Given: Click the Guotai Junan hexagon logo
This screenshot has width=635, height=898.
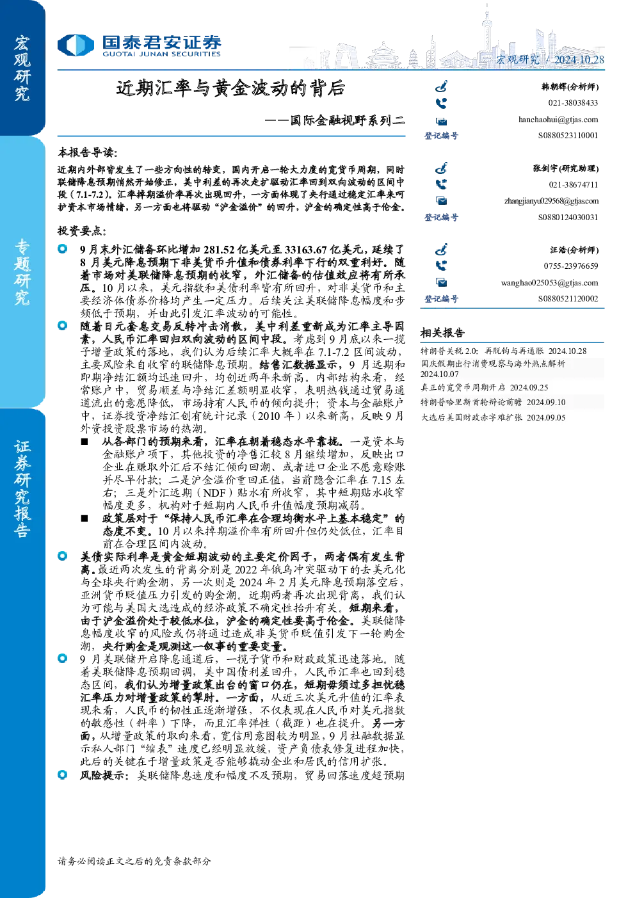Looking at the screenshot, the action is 76,45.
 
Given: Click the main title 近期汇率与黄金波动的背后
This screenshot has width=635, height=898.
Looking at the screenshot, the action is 230,88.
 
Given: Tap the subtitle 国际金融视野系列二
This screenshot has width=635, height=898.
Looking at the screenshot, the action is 347,120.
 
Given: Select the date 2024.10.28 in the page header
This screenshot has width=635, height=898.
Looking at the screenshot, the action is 579,60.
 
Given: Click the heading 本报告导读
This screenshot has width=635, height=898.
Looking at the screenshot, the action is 88,152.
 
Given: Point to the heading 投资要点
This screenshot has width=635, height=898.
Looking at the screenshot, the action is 82,230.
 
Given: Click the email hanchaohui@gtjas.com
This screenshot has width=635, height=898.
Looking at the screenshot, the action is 558,120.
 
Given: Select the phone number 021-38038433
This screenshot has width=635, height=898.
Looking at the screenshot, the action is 574,103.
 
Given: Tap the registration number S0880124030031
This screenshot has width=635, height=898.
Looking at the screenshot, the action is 568,217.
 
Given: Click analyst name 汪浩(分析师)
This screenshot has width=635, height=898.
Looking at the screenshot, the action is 574,250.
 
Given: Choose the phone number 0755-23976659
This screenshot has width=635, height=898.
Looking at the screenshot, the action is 571,266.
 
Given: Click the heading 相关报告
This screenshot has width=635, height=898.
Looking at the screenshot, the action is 442,332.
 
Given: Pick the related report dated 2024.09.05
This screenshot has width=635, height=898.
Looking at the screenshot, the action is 493,417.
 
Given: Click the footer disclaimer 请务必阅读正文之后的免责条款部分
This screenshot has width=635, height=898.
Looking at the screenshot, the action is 134,861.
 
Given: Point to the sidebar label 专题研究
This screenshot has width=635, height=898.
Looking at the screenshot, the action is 22,272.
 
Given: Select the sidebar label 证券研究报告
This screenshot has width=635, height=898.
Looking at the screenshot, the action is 22,489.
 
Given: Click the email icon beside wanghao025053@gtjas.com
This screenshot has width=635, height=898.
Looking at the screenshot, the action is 442,283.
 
